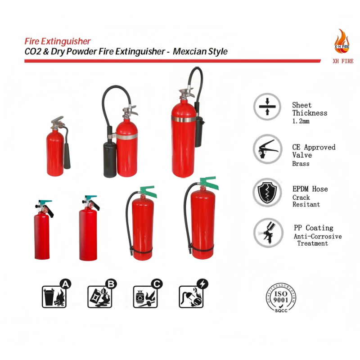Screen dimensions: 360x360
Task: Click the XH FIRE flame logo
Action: coord(342,41)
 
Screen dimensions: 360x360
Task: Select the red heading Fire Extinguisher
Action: coord(58,41)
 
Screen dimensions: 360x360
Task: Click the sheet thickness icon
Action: coord(267,107)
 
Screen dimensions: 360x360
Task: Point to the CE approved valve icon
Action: coord(267,149)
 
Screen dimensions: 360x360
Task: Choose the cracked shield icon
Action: coord(267,193)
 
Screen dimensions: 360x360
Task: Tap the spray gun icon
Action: coord(268,233)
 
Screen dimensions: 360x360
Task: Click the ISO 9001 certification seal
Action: coord(281,298)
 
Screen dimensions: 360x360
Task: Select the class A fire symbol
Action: coord(56,294)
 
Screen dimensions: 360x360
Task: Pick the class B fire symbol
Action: coord(102,294)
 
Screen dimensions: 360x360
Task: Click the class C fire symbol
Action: coord(148,294)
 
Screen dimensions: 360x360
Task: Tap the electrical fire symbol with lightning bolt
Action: coord(193,294)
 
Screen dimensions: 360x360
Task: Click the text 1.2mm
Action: coord(301,121)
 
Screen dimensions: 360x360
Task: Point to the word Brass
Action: coord(301,164)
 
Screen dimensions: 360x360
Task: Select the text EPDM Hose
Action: coord(310,189)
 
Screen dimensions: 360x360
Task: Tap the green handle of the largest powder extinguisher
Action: coord(208,182)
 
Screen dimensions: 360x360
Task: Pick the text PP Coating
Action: coord(313,228)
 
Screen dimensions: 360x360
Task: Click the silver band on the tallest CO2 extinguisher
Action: coord(184,119)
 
